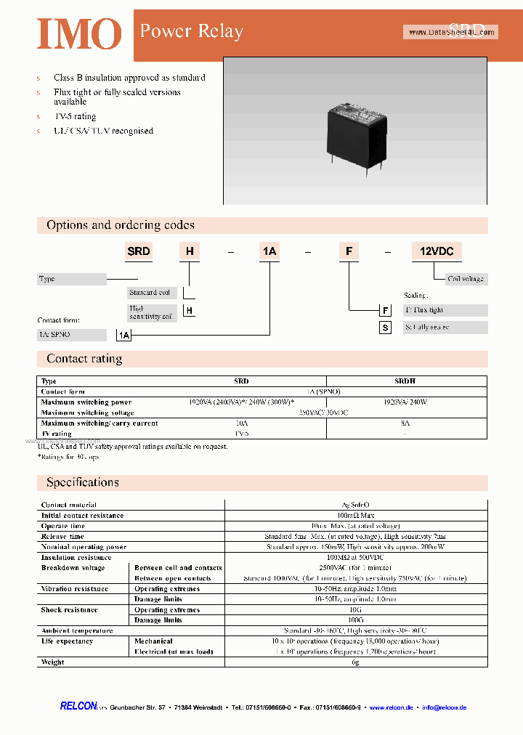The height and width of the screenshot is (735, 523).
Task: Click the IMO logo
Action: tap(79, 33)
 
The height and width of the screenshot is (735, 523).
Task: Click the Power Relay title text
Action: tap(191, 31)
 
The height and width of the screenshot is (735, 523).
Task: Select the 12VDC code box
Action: tap(437, 251)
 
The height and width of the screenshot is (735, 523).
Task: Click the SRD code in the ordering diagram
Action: tap(139, 251)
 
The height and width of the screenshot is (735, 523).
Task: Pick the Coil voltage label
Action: tap(465, 279)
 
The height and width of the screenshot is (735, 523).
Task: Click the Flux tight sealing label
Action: tap(444, 310)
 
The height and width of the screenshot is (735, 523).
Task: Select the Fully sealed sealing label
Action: tap(444, 328)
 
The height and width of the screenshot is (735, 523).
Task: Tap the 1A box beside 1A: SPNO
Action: tap(124, 335)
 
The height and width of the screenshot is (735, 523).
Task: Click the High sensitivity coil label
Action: tap(151, 312)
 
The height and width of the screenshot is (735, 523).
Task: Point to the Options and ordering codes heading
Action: tap(121, 225)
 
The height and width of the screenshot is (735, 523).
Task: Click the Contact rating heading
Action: tap(84, 359)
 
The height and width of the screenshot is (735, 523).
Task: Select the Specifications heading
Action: tap(82, 482)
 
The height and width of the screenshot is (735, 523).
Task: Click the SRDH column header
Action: tap(405, 381)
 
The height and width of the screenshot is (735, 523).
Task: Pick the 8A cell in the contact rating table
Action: tap(405, 423)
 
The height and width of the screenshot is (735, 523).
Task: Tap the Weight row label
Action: tap(53, 662)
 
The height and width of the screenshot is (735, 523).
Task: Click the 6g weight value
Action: tap(356, 662)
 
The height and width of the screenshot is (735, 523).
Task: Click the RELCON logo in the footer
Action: tap(78, 707)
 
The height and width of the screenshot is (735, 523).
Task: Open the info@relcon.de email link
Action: tap(444, 707)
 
